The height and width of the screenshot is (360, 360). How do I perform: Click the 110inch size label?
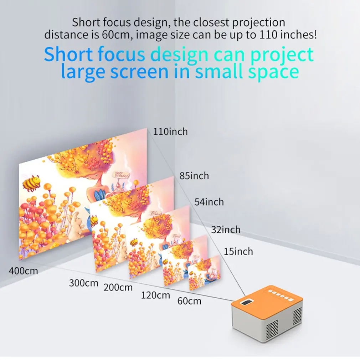click(x=170, y=132)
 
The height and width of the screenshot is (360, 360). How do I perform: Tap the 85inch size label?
click(x=194, y=176)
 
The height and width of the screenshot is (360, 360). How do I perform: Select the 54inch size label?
click(x=209, y=202)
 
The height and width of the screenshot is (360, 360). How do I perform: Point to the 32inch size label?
click(x=226, y=230)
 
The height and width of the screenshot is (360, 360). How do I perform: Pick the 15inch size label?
click(x=238, y=251)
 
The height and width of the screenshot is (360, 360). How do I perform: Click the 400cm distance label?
click(x=24, y=271)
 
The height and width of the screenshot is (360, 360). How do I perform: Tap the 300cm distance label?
click(x=83, y=283)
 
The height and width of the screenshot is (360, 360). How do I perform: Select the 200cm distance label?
click(x=118, y=287)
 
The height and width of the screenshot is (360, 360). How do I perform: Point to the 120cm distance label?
click(x=155, y=295)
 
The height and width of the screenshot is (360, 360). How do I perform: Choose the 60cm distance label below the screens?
click(x=189, y=301)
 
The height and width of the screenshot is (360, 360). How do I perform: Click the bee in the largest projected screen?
click(x=31, y=183)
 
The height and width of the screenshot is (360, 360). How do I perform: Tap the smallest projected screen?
click(x=204, y=273)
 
